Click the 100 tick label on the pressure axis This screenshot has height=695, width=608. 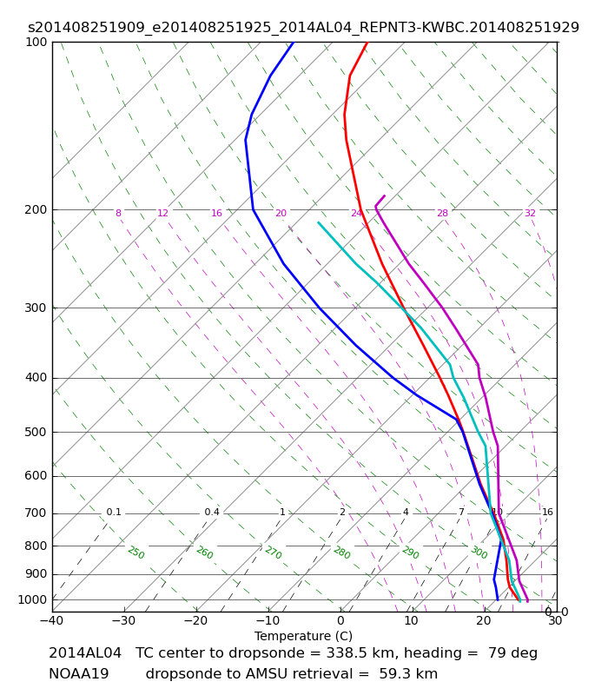click(x=36, y=42)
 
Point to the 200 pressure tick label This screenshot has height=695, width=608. click(x=36, y=209)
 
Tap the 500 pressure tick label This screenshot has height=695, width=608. click(x=36, y=432)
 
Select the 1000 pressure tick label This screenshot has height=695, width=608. click(x=32, y=599)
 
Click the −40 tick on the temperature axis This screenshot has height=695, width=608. click(x=52, y=620)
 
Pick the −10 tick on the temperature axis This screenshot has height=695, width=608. click(x=268, y=620)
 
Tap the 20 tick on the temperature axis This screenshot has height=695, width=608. click(x=484, y=620)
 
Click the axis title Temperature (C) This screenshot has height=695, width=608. click(x=303, y=636)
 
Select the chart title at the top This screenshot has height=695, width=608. click(x=303, y=28)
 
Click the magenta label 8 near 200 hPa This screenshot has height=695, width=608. click(x=118, y=213)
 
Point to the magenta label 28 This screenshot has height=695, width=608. click(x=443, y=213)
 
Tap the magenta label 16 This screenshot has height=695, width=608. click(x=216, y=213)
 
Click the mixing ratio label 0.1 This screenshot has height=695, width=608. click(x=114, y=513)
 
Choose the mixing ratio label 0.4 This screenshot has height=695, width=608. click(x=212, y=513)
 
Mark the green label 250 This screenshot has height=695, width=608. click(x=136, y=553)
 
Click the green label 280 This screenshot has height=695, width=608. click(x=342, y=553)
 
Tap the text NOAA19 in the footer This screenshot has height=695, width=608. click(x=79, y=674)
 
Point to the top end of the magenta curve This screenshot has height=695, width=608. click(x=385, y=195)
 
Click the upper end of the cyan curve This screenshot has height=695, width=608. click(x=318, y=222)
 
